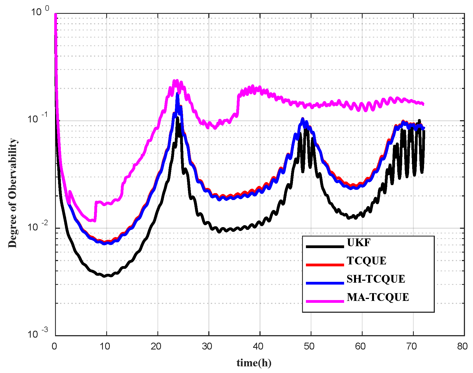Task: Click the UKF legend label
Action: click(358, 243)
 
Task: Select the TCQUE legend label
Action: click(366, 261)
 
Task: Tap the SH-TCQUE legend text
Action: click(376, 279)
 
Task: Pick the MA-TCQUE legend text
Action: click(378, 297)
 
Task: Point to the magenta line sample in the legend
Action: click(325, 301)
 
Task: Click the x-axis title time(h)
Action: click(254, 363)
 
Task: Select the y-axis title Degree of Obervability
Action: click(12, 193)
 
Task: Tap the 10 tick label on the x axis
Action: click(105, 346)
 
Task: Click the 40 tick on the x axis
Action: click(258, 346)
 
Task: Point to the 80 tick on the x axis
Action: click(462, 346)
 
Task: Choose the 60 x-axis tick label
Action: click(360, 346)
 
